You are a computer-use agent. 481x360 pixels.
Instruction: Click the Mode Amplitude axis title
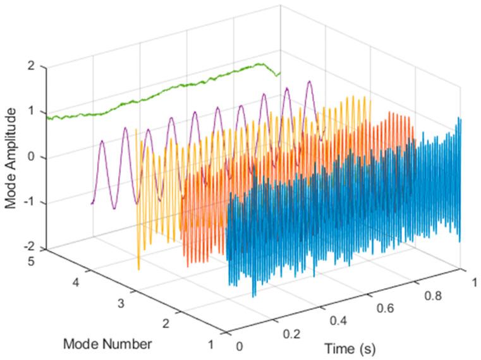[11, 158]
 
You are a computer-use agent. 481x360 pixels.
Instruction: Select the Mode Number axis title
[107, 344]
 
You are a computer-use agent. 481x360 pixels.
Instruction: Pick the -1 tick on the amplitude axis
[30, 203]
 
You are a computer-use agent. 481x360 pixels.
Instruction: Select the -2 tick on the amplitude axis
[30, 248]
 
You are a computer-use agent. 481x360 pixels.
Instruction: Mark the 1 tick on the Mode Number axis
[210, 344]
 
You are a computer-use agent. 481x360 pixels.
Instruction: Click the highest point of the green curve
[259, 64]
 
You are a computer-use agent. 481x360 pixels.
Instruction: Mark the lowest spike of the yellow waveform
[138, 269]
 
